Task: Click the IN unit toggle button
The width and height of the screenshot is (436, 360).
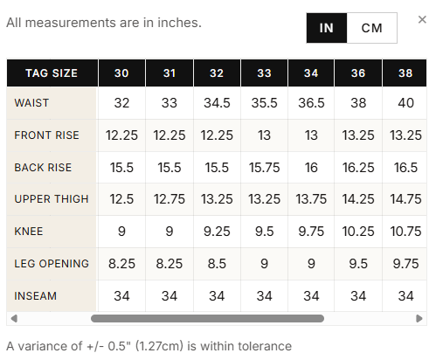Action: coord(327,28)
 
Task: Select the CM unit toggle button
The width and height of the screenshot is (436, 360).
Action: coord(372,28)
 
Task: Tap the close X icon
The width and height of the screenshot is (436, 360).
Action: coord(422,19)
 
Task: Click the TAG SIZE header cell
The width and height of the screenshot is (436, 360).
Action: coord(52,73)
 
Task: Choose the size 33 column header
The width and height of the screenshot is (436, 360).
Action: coord(264,73)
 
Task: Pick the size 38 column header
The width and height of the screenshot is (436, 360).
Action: coord(405,73)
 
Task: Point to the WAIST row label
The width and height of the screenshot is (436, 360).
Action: coord(31,103)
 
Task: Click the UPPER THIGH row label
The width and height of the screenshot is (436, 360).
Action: coord(52,199)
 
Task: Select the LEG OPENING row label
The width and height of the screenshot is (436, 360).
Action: coord(52,264)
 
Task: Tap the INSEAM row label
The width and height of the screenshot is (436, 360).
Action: coord(35,296)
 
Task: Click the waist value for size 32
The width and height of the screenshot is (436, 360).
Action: coord(217,103)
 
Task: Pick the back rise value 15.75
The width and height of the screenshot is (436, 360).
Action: coord(264,168)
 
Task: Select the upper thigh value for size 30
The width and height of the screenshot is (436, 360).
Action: coord(121,199)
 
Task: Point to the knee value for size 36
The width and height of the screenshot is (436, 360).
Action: coord(358,232)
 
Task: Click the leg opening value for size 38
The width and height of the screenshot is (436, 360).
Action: coord(405,264)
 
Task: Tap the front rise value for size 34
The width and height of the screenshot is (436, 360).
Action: coord(311,135)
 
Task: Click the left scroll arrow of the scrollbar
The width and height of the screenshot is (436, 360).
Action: coord(14,318)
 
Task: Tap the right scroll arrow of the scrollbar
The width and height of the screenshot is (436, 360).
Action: coord(419,318)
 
